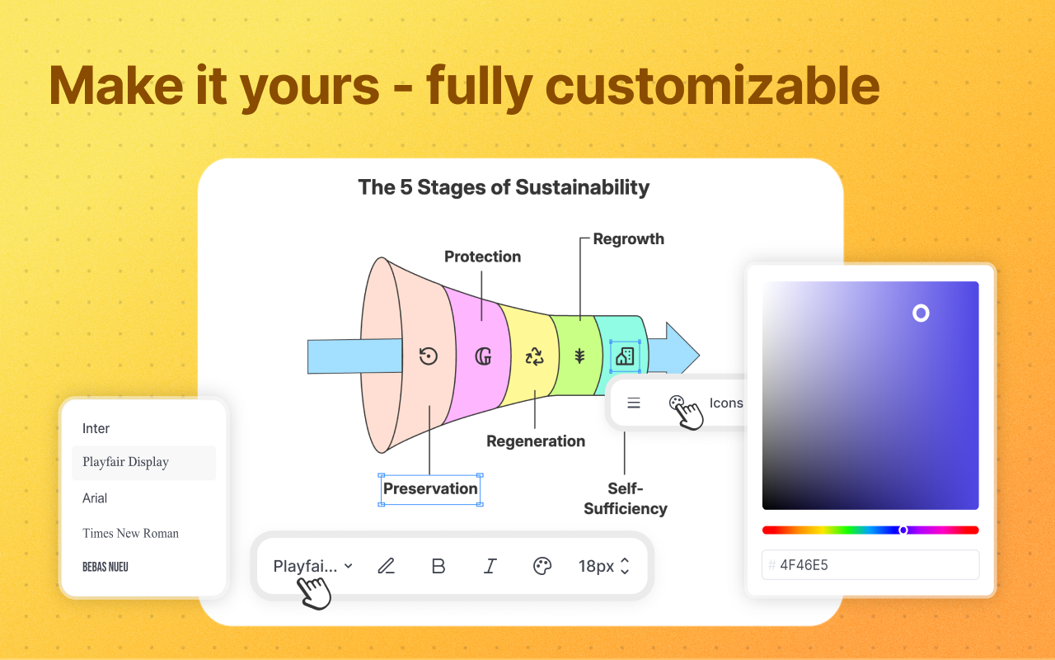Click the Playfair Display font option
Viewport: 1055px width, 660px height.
[125, 462]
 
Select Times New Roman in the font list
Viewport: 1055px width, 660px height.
[130, 533]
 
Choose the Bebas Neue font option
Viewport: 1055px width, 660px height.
[105, 567]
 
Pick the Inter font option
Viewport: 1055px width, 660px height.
[96, 428]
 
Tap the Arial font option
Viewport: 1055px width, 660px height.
[95, 497]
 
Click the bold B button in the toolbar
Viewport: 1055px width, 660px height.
[438, 566]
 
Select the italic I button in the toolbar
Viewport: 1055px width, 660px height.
[490, 566]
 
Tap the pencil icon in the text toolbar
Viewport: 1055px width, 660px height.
[387, 566]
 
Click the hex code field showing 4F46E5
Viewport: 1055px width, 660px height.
[870, 565]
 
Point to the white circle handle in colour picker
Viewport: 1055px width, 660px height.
[921, 313]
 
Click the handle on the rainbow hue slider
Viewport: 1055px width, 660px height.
[903, 530]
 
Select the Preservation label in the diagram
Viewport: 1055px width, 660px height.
[430, 489]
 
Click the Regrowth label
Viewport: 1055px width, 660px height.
[628, 239]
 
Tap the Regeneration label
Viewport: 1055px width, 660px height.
[536, 441]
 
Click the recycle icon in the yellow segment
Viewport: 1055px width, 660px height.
[535, 356]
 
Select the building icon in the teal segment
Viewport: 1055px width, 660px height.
[625, 356]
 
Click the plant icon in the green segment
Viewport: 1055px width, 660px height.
[579, 356]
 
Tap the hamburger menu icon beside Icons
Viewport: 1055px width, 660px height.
[634, 403]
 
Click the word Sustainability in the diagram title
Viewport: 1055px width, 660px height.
[583, 187]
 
